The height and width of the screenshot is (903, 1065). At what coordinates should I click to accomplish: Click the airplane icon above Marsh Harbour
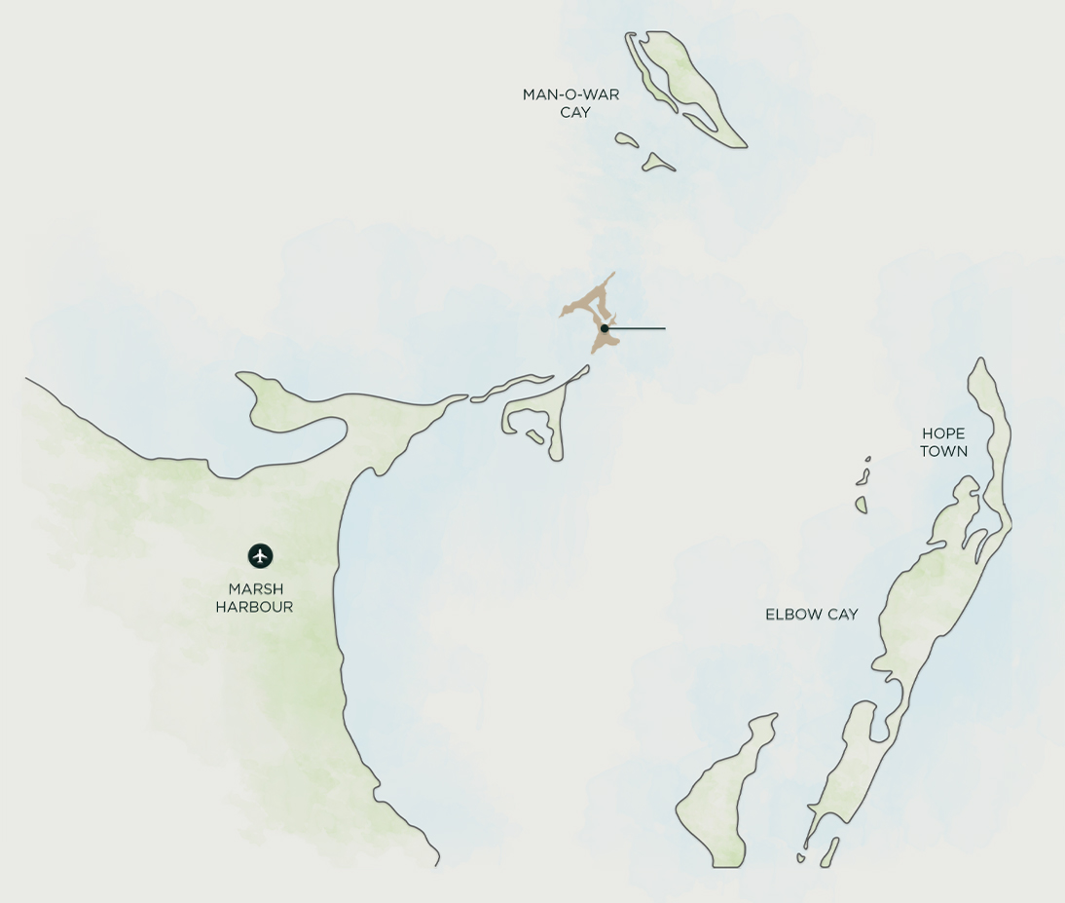click(260, 556)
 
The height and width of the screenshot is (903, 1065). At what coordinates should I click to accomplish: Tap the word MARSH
click(256, 589)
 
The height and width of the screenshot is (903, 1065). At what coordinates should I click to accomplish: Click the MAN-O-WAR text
click(570, 94)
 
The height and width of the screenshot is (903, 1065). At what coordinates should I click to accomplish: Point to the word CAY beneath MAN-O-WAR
click(575, 112)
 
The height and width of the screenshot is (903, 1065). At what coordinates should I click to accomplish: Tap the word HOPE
click(943, 433)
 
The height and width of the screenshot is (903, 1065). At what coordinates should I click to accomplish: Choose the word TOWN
click(943, 451)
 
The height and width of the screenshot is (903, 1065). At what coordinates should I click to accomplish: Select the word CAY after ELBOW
click(840, 615)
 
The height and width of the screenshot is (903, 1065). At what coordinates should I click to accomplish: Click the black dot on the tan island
click(605, 328)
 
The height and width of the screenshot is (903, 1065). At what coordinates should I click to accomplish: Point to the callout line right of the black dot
click(638, 328)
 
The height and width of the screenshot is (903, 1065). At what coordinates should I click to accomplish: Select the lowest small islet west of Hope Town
click(862, 505)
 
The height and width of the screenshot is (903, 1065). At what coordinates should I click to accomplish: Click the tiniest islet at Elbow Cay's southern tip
click(801, 858)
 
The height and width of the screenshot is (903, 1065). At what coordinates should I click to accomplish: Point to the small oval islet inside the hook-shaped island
click(534, 436)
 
